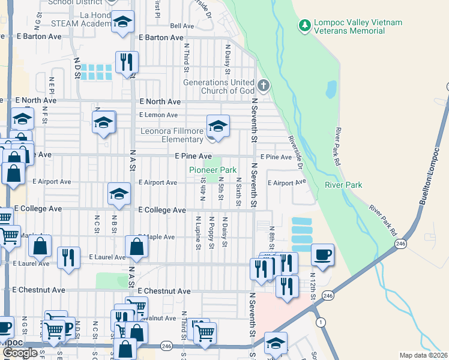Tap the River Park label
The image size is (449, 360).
click(x=343, y=185)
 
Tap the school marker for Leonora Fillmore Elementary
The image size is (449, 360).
click(x=218, y=126)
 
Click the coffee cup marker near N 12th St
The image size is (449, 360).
click(x=322, y=254)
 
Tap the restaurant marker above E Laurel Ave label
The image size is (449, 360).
click(x=68, y=257)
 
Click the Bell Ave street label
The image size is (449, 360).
click(x=182, y=26)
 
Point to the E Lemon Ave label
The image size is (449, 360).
click(x=158, y=115)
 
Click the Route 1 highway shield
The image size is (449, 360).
click(x=322, y=322)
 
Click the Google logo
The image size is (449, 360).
click(x=20, y=353)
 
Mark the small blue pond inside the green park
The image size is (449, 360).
click(x=331, y=89)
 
